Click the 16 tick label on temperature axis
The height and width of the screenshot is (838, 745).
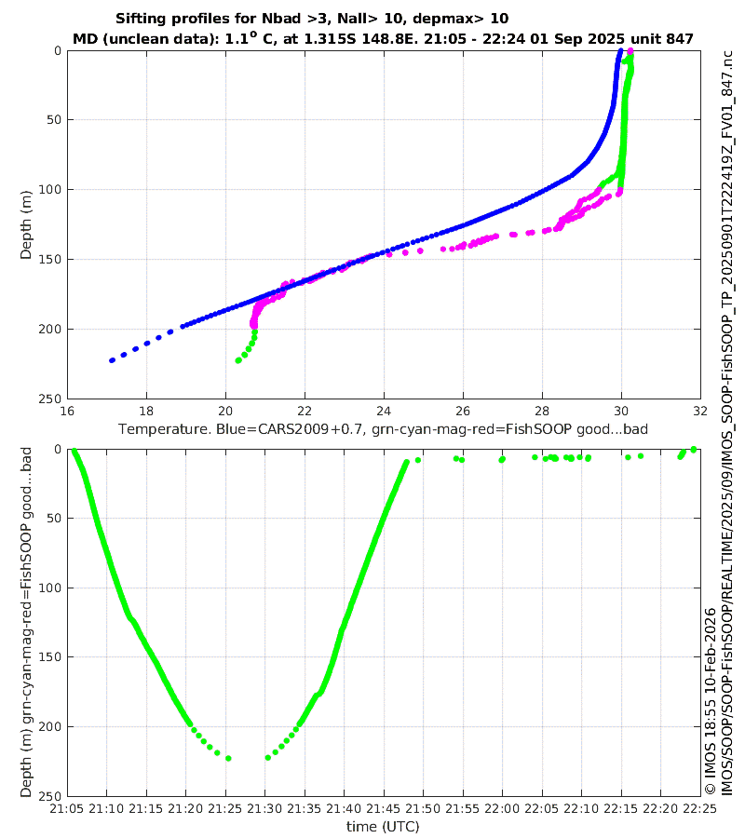point(67,412)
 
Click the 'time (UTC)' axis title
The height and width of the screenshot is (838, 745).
point(382,826)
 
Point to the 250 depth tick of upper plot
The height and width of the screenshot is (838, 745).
point(48,399)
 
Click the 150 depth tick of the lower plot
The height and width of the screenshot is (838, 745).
point(48,657)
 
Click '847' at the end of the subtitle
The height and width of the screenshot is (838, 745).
point(680,38)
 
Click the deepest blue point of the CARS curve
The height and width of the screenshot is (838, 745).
point(112,359)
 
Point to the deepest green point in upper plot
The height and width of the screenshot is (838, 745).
point(239,360)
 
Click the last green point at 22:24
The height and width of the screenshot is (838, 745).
point(694,450)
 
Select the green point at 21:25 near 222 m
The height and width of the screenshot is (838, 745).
point(228,758)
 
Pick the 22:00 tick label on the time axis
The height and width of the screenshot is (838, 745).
point(502,810)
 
